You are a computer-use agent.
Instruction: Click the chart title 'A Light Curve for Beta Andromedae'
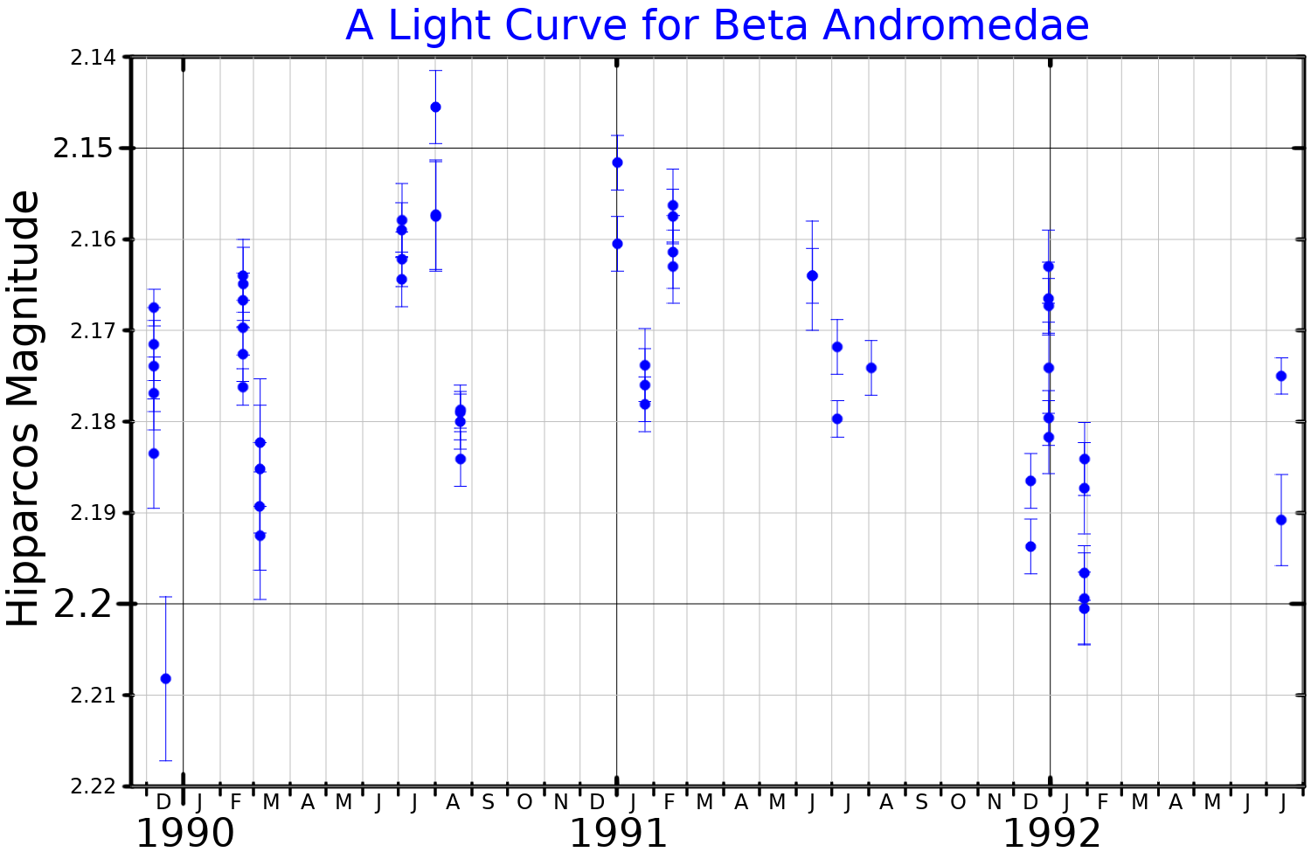[x=717, y=25]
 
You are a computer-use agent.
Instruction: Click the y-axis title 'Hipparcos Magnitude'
[x=24, y=408]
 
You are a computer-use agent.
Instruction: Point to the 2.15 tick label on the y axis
[x=84, y=148]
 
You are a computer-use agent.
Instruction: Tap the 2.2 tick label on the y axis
[x=84, y=604]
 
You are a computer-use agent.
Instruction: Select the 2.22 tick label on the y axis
[x=91, y=786]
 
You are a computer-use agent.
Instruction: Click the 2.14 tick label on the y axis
[x=91, y=58]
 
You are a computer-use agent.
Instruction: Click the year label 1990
[x=184, y=833]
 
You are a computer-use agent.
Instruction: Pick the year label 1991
[x=618, y=833]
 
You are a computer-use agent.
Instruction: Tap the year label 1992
[x=1051, y=833]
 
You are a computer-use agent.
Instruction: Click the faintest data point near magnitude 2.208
[x=166, y=678]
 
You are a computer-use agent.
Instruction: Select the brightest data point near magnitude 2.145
[x=435, y=107]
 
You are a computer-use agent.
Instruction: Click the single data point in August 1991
[x=871, y=368]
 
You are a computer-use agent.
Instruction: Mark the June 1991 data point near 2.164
[x=812, y=275]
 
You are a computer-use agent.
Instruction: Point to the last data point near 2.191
[x=1281, y=520]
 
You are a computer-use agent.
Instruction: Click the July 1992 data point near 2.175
[x=1281, y=376]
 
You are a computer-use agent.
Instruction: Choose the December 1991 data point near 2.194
[x=1030, y=546]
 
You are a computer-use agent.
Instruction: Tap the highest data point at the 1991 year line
[x=617, y=163]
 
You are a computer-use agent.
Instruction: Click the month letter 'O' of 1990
[x=524, y=802]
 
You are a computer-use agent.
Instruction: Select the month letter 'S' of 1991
[x=921, y=802]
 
